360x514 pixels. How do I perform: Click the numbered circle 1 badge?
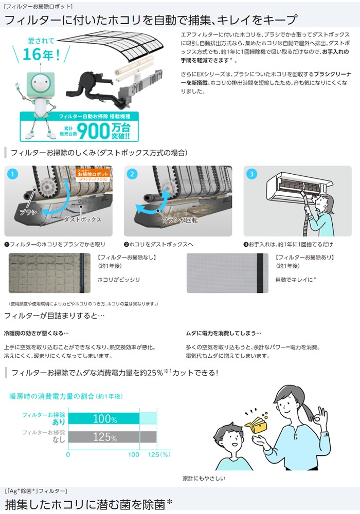13,174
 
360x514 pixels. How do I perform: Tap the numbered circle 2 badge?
132,174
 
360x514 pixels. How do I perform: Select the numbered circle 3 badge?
252,174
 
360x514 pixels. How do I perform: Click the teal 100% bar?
104,418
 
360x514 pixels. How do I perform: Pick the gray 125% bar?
113,437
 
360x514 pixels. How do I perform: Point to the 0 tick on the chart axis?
68,455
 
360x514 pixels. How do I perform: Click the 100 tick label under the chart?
134,455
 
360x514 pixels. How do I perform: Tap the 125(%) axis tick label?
159,455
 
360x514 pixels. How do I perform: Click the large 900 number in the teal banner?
93,131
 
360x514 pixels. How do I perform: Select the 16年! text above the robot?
41,54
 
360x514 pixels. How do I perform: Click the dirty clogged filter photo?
49,273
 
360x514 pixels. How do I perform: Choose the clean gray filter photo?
227,273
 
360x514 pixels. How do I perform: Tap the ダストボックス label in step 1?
82,219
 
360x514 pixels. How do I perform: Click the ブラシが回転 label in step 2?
180,220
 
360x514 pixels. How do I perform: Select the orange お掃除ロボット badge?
93,175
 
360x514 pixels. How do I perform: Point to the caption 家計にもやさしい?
204,478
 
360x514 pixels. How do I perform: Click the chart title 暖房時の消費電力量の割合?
51,396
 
